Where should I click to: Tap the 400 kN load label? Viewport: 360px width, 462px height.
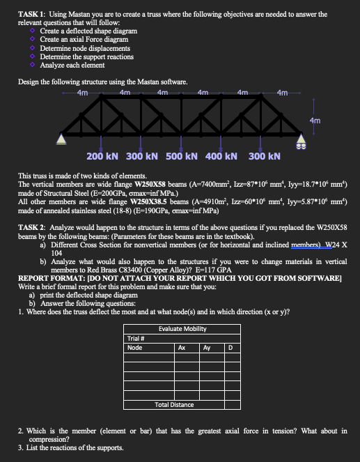222,155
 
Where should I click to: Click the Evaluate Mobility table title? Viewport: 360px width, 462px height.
187,329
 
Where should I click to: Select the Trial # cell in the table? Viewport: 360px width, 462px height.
136,339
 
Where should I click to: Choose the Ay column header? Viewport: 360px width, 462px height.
207,347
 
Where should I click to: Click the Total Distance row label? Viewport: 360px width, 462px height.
174,404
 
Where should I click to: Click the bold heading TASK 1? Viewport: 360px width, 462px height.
33,15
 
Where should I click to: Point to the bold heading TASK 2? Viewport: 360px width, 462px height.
33,227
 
